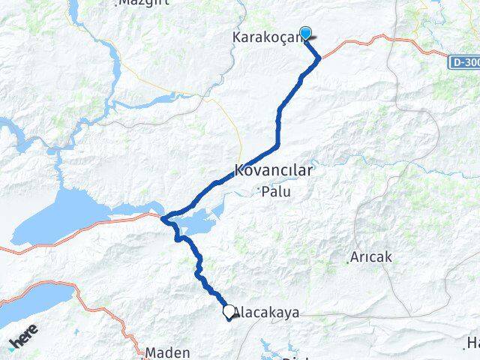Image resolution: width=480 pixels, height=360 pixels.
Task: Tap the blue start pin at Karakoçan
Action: (x=305, y=33)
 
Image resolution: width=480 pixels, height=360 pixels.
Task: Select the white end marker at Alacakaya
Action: (x=229, y=310)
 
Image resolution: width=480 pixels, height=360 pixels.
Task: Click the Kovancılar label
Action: (x=273, y=170)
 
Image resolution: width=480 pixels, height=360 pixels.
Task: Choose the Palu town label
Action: (x=275, y=192)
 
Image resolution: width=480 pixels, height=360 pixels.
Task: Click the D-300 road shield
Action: (x=466, y=63)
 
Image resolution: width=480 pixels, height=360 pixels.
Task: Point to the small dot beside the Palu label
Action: (x=258, y=187)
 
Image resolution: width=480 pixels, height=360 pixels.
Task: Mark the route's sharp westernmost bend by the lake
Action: (x=163, y=218)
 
